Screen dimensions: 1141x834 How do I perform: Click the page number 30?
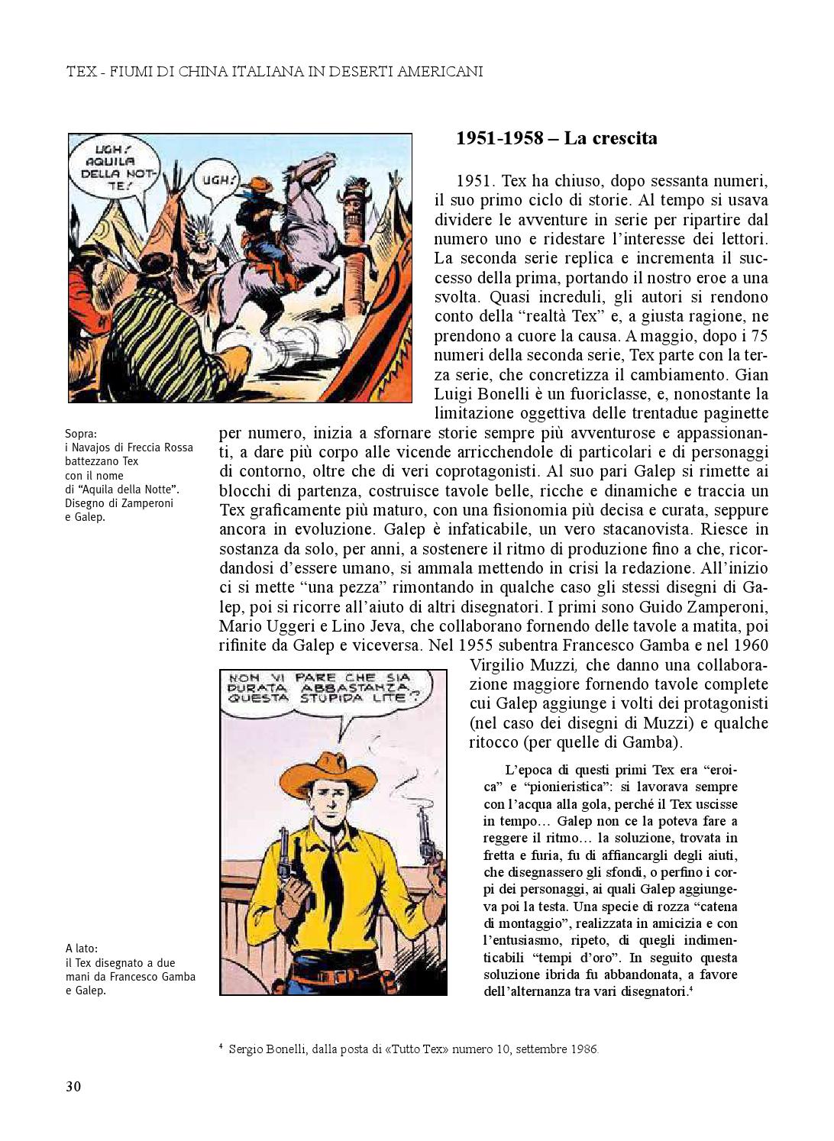click(73, 1087)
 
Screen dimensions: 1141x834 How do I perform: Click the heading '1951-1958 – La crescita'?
click(556, 138)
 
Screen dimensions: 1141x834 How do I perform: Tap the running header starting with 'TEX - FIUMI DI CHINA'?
click(274, 72)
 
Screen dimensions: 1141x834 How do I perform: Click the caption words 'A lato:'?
click(82, 949)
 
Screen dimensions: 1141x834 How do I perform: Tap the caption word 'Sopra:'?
click(81, 434)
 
